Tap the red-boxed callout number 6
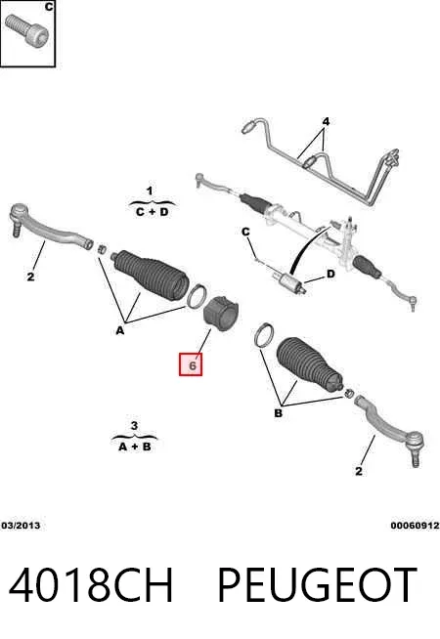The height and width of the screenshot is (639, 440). [x=191, y=364]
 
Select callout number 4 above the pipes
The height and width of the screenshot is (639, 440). [x=326, y=121]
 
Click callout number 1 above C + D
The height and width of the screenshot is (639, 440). [x=150, y=191]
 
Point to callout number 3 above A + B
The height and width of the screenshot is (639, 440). [x=134, y=426]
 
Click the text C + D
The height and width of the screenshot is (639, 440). [x=153, y=212]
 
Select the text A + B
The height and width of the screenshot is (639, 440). [x=135, y=447]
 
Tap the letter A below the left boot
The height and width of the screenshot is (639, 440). [x=120, y=330]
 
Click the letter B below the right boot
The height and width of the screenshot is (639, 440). [x=278, y=413]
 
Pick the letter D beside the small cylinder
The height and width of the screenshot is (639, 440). [x=330, y=274]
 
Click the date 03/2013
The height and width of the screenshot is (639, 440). [x=21, y=526]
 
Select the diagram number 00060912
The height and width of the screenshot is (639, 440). [x=415, y=526]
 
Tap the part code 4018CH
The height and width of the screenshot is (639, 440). [x=91, y=585]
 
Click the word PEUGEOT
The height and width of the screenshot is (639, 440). [x=317, y=585]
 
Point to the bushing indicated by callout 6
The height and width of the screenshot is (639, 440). [x=221, y=314]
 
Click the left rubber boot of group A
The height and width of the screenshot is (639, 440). [x=151, y=275]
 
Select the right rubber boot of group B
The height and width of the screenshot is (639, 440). [x=310, y=363]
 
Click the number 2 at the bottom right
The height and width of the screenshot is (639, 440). [x=359, y=471]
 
